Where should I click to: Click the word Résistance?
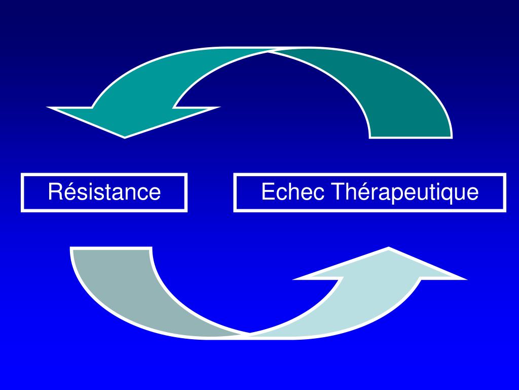(104, 192)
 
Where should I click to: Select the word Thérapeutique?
(405, 192)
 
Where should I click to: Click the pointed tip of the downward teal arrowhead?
(125, 137)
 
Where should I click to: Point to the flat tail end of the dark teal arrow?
(411, 136)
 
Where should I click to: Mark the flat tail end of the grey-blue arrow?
(112, 249)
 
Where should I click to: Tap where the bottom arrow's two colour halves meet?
(248, 335)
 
